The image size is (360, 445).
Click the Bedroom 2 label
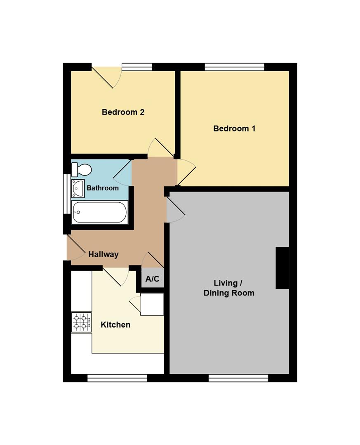pyautogui.click(x=123, y=112)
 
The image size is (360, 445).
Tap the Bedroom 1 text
pyautogui.click(x=234, y=129)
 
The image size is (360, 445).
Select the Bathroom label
pyautogui.click(x=103, y=188)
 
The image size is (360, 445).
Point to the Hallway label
pyautogui.click(x=104, y=254)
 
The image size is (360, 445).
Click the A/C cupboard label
pyautogui.click(x=152, y=279)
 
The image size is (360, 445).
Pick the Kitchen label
pyautogui.click(x=115, y=325)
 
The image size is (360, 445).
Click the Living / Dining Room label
pyautogui.click(x=229, y=288)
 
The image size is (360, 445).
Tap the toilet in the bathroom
pyautogui.click(x=81, y=169)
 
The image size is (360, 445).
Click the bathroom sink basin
pyautogui.click(x=78, y=188)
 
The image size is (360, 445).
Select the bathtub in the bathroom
pyautogui.click(x=99, y=212)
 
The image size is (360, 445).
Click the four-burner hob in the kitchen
pyautogui.click(x=82, y=322)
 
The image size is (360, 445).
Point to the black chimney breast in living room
pyautogui.click(x=282, y=268)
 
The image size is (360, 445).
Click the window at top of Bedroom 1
pyautogui.click(x=235, y=67)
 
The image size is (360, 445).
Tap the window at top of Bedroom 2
pyautogui.click(x=137, y=67)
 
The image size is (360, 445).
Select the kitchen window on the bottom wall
pyautogui.click(x=117, y=378)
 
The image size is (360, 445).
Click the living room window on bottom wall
pyautogui.click(x=238, y=378)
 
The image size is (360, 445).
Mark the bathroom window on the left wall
pyautogui.click(x=67, y=194)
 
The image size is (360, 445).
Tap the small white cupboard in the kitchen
pyautogui.click(x=152, y=304)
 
